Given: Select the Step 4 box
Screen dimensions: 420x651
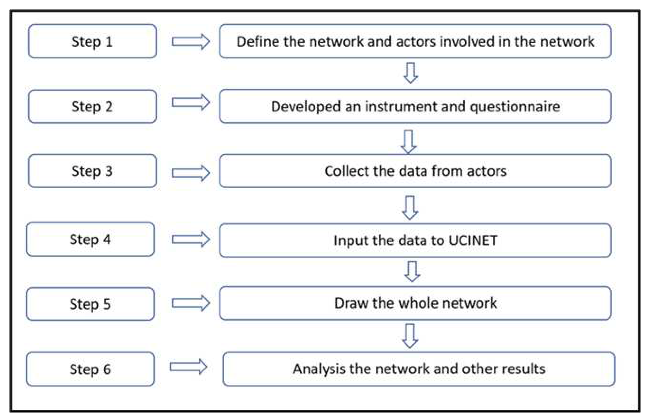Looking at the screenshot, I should (90, 239).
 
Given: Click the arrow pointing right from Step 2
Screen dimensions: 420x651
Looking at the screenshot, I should (191, 102).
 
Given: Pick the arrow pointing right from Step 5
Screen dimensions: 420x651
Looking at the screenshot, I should (191, 303).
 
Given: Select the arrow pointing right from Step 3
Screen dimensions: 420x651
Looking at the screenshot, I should (191, 173).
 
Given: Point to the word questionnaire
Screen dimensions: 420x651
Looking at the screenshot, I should (515, 107).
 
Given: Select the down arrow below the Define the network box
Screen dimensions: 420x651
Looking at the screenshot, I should (410, 73).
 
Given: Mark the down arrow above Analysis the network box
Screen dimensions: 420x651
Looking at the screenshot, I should (410, 335).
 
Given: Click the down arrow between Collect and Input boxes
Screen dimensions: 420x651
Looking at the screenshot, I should (410, 207).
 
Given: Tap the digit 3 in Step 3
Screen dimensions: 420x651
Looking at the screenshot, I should (109, 171).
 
